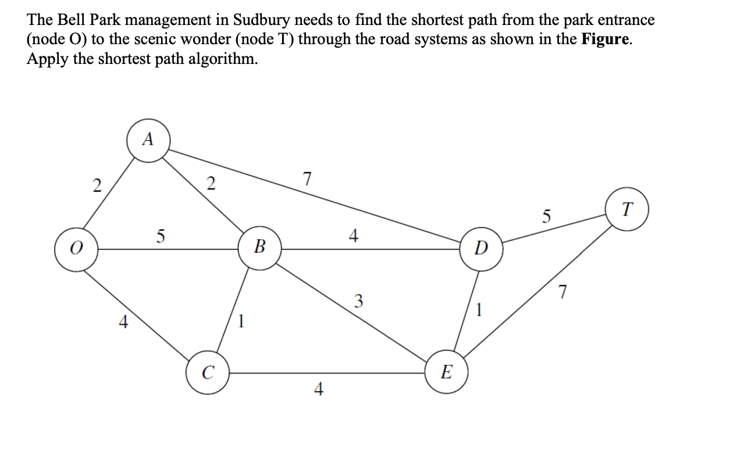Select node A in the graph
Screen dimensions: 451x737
click(x=148, y=139)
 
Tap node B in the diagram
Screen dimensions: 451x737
click(x=260, y=250)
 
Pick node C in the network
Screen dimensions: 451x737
click(x=207, y=371)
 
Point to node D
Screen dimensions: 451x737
click(x=481, y=250)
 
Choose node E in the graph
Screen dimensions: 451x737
click(x=446, y=371)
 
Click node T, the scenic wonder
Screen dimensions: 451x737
click(x=626, y=209)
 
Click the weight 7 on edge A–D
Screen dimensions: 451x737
click(x=308, y=178)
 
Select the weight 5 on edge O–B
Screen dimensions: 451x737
click(x=161, y=236)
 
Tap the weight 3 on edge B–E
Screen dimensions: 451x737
click(x=358, y=301)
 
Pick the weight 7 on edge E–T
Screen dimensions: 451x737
click(x=562, y=292)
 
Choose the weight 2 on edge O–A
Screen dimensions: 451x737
click(x=97, y=186)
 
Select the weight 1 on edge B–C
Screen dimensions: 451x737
click(x=242, y=320)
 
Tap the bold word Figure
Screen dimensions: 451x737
click(x=605, y=40)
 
